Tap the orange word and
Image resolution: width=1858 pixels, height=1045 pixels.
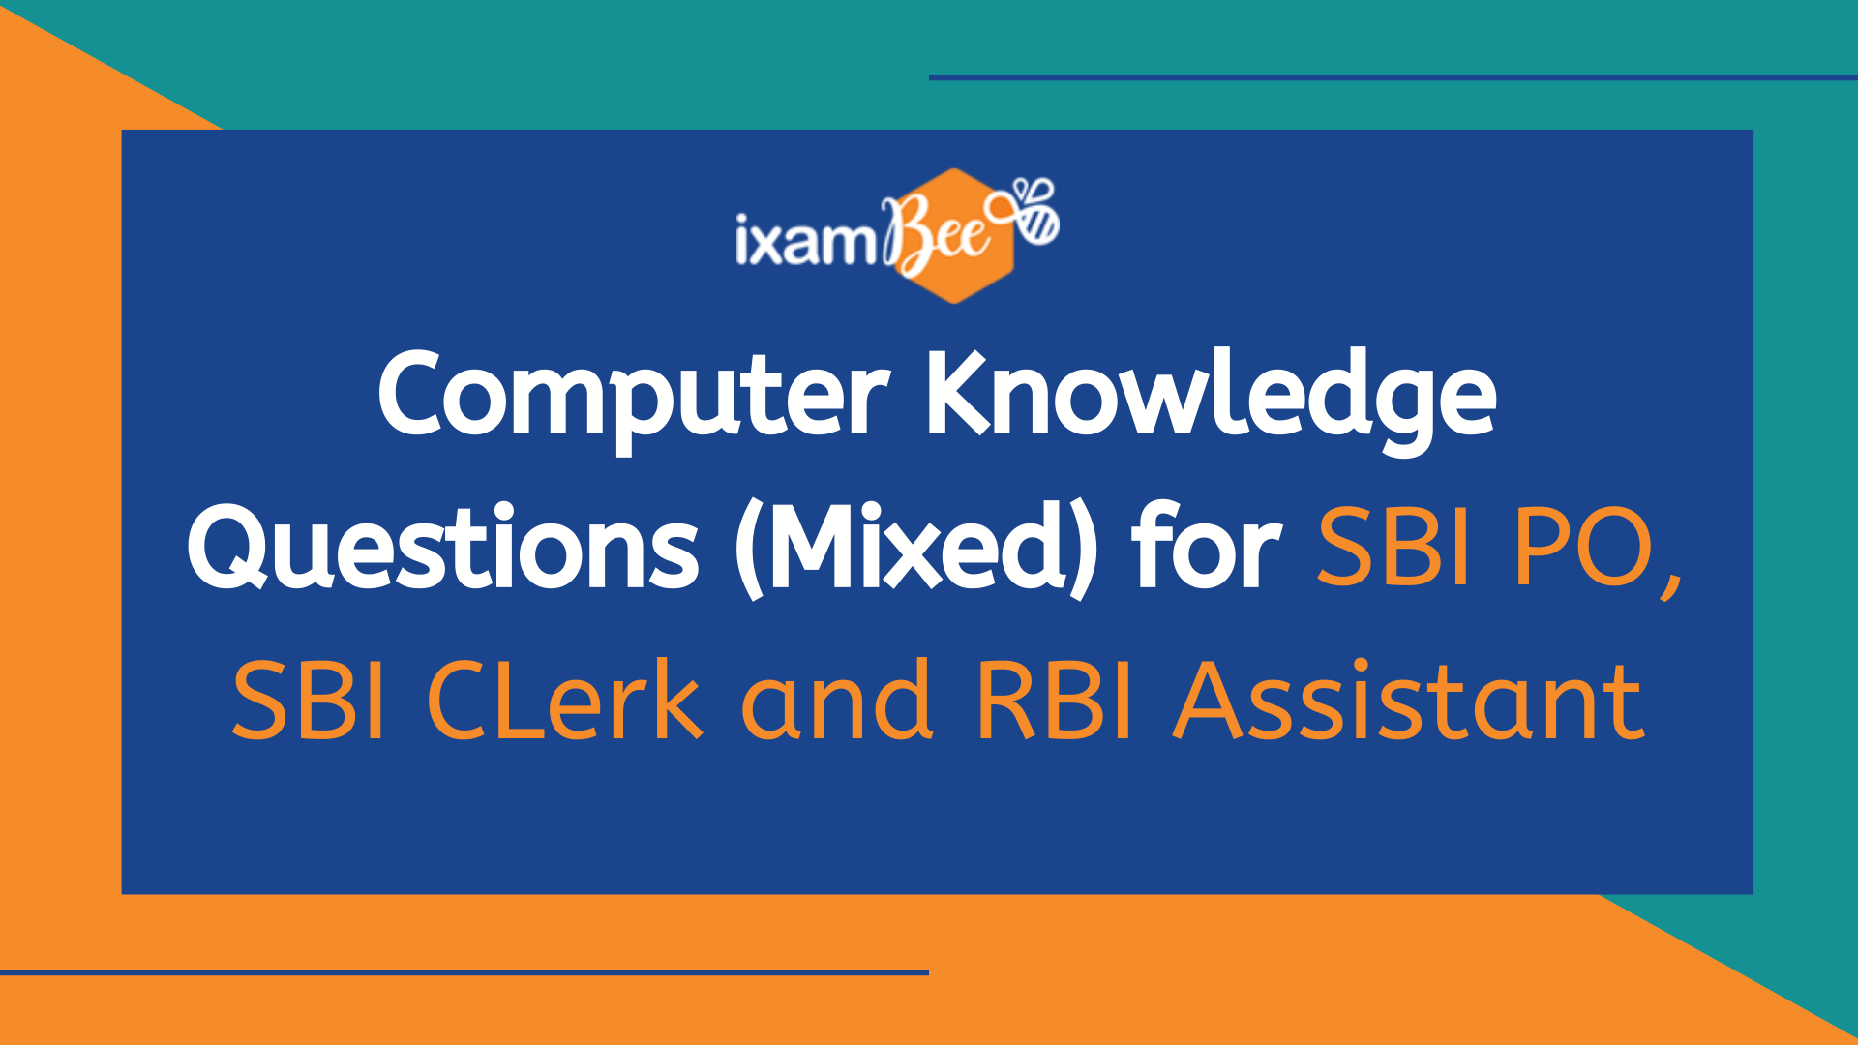point(837,701)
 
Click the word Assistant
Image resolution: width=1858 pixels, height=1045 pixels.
point(1409,701)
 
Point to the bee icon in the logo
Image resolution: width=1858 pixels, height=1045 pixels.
point(1034,211)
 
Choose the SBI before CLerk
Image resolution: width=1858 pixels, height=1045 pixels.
point(309,701)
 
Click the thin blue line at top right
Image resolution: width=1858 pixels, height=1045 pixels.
point(1393,77)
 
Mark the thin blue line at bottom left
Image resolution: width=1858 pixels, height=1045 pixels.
point(464,972)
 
